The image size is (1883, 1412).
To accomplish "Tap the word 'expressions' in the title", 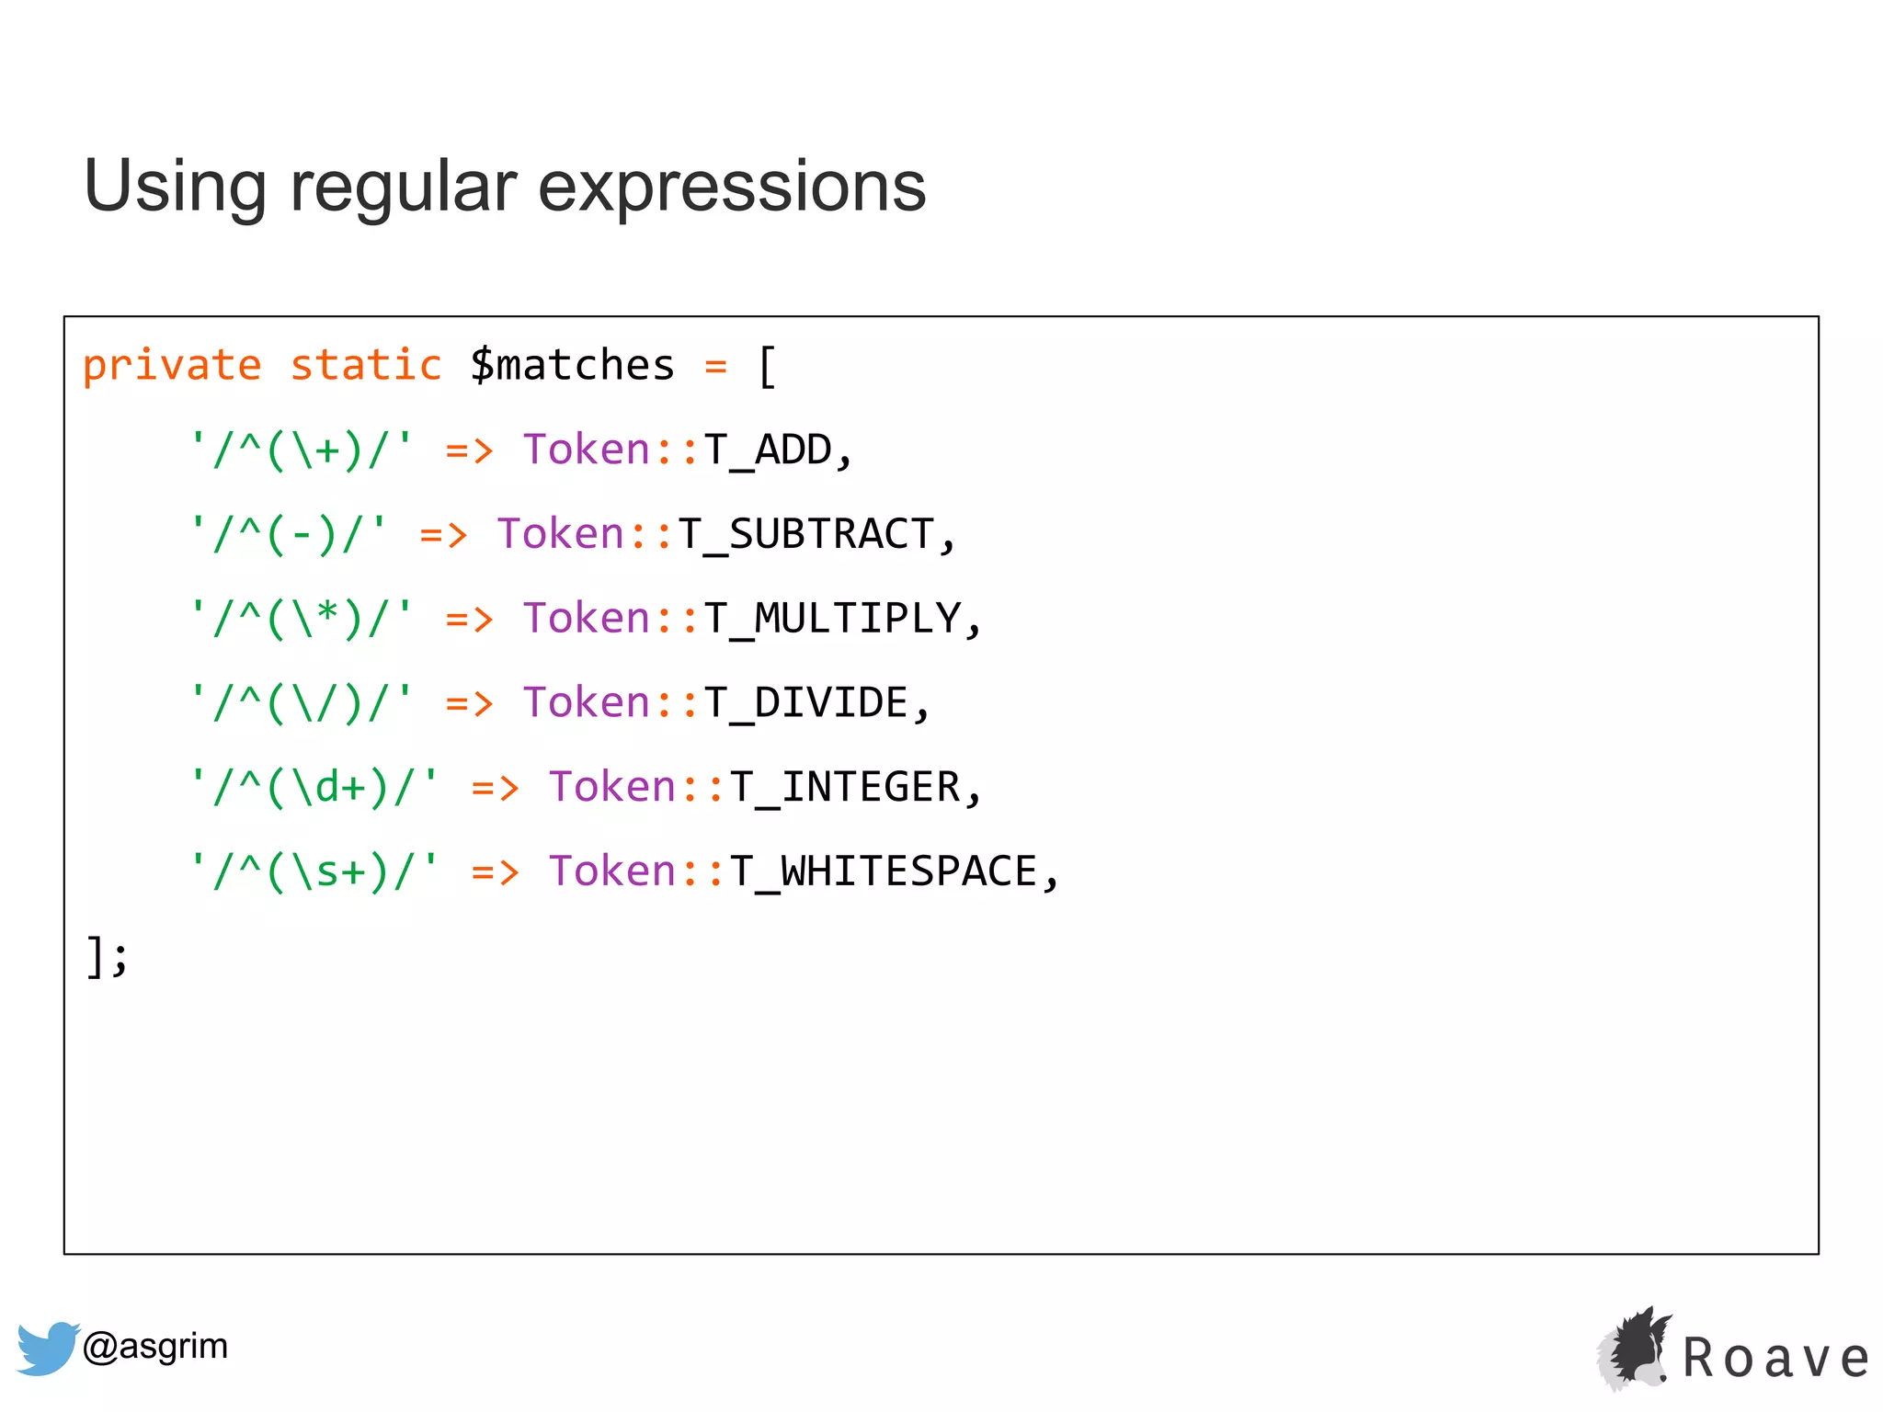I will click(x=732, y=187).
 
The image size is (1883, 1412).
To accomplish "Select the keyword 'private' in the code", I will click(x=172, y=366).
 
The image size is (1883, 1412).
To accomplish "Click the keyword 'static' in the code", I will click(x=366, y=366).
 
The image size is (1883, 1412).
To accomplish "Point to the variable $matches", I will click(x=572, y=366).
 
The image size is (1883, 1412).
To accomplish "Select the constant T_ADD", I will click(x=768, y=450).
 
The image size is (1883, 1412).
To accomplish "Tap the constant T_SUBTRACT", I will click(x=806, y=535).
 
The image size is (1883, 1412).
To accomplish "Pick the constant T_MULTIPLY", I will click(x=832, y=619).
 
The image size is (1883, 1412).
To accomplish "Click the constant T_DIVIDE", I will click(x=806, y=703).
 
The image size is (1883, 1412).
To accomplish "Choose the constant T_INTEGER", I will click(x=845, y=788).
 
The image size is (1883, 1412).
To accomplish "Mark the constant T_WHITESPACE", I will click(x=884, y=871).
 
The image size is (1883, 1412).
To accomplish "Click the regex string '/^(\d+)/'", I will click(x=314, y=788).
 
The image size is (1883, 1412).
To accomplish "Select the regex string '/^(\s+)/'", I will click(x=314, y=871).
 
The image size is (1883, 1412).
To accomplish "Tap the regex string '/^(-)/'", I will click(x=288, y=535).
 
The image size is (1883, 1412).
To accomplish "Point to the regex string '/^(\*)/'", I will click(x=301, y=619).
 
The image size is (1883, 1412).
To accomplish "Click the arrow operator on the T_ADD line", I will click(x=469, y=450).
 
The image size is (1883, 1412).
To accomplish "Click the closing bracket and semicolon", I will click(x=107, y=957).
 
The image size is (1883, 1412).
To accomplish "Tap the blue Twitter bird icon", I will click(x=46, y=1348).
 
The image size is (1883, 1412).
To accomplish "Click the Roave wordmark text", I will click(x=1776, y=1359).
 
